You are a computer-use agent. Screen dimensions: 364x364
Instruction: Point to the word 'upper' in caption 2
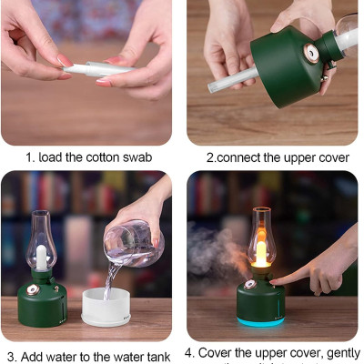(295, 157)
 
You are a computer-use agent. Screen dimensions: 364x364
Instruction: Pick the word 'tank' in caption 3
(157, 356)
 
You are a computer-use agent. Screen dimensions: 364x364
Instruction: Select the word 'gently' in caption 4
(339, 352)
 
